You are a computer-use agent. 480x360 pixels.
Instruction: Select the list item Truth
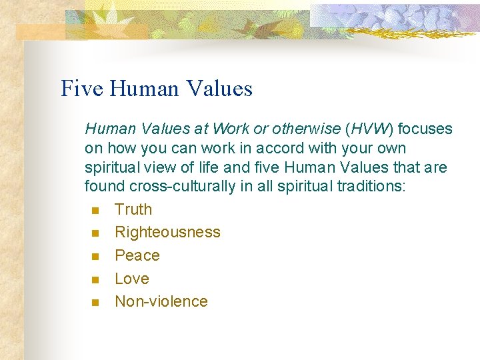pyautogui.click(x=133, y=209)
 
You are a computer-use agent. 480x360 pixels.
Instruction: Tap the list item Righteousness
pyautogui.click(x=167, y=233)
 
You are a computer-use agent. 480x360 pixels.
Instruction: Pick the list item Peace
pyautogui.click(x=137, y=255)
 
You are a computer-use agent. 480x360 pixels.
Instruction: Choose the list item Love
pyautogui.click(x=132, y=279)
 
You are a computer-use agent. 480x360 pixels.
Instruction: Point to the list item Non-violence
pyautogui.click(x=161, y=301)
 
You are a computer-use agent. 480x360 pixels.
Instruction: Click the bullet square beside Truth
pyautogui.click(x=95, y=211)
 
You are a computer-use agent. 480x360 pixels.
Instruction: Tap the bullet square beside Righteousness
pyautogui.click(x=95, y=233)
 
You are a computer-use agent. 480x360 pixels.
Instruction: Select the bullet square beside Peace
pyautogui.click(x=95, y=257)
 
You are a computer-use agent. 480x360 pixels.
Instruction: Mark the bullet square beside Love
pyautogui.click(x=95, y=279)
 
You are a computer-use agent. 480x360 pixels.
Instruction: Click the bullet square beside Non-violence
pyautogui.click(x=95, y=303)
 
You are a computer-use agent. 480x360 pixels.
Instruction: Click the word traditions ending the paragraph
pyautogui.click(x=369, y=186)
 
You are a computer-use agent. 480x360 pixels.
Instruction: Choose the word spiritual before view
pyautogui.click(x=109, y=167)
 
